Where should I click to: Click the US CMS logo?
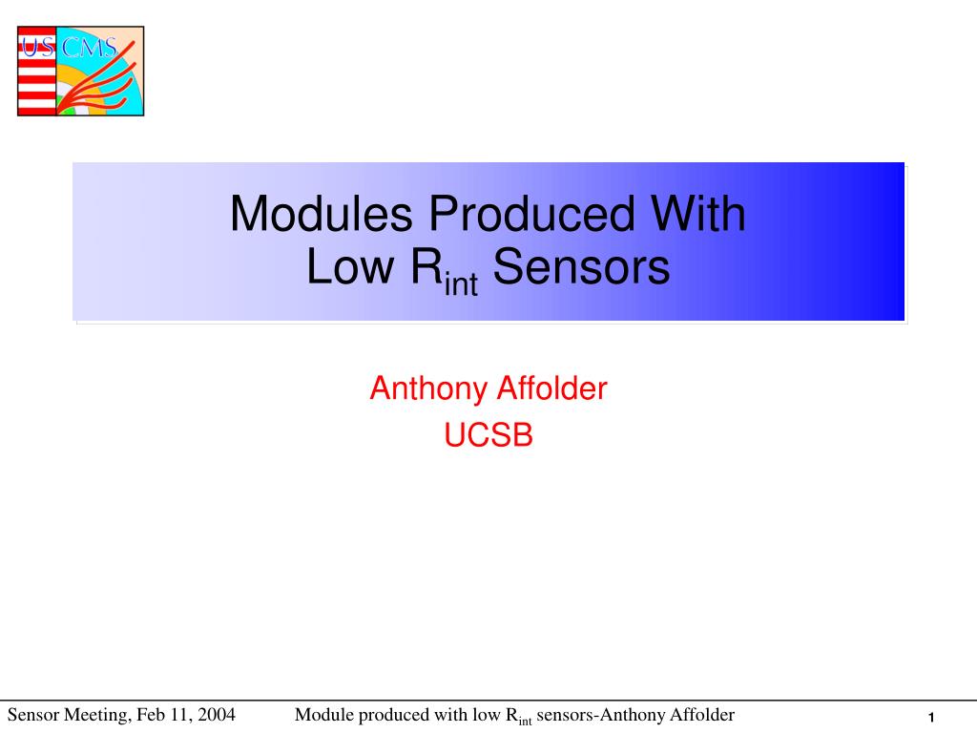[x=80, y=71]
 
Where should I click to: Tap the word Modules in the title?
[x=321, y=214]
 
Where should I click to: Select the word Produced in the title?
[x=531, y=214]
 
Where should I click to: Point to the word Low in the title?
[x=350, y=267]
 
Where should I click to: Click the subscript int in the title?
[x=461, y=284]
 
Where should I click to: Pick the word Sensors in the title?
[x=581, y=267]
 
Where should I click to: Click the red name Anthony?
[x=428, y=389]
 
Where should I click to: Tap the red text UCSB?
[x=488, y=435]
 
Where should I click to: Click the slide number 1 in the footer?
[x=931, y=718]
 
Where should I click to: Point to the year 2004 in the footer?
[x=217, y=714]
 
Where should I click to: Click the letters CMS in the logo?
[x=89, y=48]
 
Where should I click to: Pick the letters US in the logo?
[x=38, y=47]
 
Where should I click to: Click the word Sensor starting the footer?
[x=33, y=714]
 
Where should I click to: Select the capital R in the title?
[x=426, y=267]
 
